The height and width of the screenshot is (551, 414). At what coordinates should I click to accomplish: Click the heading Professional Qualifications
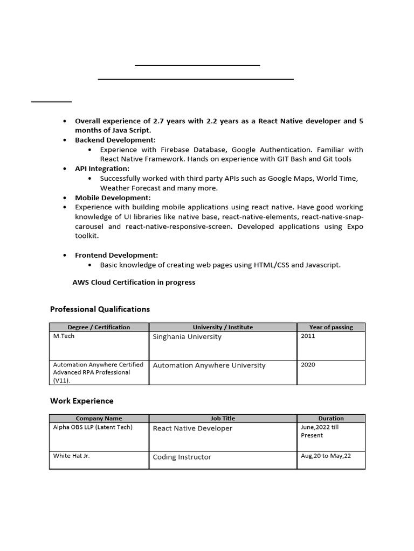click(100, 309)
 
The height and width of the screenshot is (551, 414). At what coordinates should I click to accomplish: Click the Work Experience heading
click(82, 401)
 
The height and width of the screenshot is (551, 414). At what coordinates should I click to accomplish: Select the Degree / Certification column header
click(99, 327)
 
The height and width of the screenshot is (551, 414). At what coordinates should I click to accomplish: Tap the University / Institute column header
click(223, 327)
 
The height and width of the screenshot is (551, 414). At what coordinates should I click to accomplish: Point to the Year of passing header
click(331, 327)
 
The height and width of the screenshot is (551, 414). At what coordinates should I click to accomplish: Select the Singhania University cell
click(187, 337)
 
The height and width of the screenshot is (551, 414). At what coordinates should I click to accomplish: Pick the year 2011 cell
click(308, 336)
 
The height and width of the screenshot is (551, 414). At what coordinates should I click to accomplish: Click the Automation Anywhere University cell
click(209, 365)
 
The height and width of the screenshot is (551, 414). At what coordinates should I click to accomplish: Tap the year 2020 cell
click(308, 365)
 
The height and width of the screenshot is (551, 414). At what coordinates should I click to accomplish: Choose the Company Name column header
click(99, 418)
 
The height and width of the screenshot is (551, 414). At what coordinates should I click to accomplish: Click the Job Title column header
click(223, 418)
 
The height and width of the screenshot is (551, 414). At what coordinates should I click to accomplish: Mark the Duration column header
click(331, 418)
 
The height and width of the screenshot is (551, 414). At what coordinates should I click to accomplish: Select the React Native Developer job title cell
click(192, 428)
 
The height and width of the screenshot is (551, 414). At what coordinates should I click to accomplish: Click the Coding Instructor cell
click(182, 457)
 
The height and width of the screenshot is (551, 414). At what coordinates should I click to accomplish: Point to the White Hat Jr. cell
click(72, 456)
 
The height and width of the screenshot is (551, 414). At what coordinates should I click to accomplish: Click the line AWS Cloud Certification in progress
click(134, 282)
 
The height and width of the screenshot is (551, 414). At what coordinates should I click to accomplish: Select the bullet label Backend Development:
click(115, 140)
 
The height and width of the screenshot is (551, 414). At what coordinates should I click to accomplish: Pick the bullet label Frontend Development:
click(116, 255)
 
